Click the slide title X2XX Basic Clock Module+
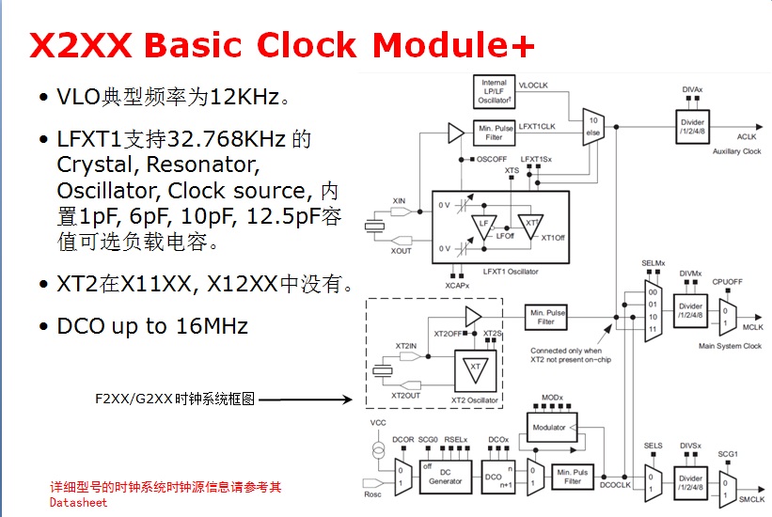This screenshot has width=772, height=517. [282, 45]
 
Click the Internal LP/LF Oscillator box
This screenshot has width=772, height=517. [494, 92]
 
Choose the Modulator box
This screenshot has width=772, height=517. [550, 428]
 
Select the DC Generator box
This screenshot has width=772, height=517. [446, 477]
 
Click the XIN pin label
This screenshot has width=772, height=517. [399, 200]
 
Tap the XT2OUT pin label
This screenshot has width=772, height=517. [406, 397]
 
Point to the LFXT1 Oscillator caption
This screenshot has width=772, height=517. [512, 272]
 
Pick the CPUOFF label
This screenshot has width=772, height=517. [728, 281]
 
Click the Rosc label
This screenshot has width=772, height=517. [373, 493]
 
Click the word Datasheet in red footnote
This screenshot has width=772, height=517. [79, 502]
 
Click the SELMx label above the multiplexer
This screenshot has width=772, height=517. [654, 262]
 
